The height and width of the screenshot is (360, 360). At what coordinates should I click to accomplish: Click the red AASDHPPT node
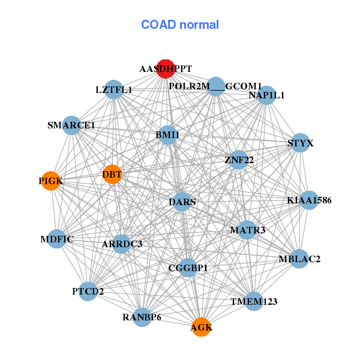click(x=166, y=68)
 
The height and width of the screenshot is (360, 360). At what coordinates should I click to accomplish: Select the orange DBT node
click(x=112, y=175)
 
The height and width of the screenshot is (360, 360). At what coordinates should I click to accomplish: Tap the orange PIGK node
click(x=51, y=181)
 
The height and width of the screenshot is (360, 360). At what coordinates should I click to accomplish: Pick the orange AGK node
click(x=201, y=327)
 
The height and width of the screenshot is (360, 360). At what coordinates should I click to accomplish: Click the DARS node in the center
click(x=182, y=202)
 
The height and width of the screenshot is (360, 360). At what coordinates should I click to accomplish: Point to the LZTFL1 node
click(x=113, y=90)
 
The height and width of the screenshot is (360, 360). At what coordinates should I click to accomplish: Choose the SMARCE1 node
click(x=71, y=125)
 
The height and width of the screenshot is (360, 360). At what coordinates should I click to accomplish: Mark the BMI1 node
click(x=167, y=135)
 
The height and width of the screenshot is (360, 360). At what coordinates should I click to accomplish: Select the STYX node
click(x=300, y=143)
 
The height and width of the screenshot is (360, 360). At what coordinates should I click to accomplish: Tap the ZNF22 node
click(x=239, y=160)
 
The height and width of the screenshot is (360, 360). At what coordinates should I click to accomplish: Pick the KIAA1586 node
click(x=308, y=200)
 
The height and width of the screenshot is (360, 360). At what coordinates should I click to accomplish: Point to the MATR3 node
click(x=247, y=230)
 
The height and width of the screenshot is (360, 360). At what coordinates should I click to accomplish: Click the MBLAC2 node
click(x=299, y=259)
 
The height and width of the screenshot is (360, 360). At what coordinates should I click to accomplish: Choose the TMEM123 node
click(x=254, y=301)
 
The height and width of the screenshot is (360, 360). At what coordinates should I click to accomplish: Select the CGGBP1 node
click(x=188, y=268)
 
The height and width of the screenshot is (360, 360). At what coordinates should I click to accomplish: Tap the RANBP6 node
click(x=142, y=317)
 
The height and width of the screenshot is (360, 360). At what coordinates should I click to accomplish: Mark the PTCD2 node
click(x=88, y=292)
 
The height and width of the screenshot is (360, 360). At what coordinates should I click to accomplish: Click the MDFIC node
click(x=57, y=239)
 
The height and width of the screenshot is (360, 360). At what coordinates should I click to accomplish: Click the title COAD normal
click(x=180, y=25)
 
